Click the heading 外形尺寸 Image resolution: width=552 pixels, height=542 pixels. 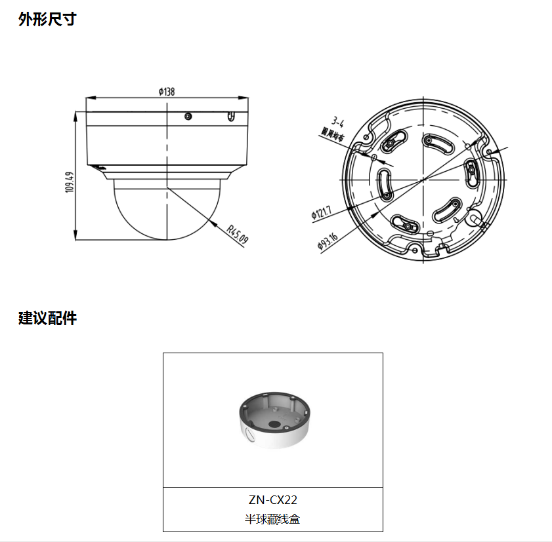click(47, 20)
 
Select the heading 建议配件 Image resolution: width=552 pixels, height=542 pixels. click(47, 319)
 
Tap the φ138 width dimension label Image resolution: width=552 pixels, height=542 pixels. click(166, 92)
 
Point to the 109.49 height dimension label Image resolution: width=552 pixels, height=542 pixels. click(69, 182)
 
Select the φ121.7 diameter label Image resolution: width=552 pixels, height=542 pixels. click(322, 212)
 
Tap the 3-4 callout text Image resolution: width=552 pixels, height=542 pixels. click(338, 122)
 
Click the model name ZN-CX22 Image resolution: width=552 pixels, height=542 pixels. click(272, 499)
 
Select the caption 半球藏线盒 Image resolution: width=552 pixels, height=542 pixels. click(272, 519)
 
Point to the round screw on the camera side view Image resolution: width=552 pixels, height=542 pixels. click(188, 117)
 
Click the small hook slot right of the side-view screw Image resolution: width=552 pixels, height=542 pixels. click(230, 117)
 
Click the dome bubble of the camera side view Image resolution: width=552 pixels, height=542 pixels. click(167, 210)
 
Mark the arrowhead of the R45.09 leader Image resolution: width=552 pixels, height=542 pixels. click(217, 224)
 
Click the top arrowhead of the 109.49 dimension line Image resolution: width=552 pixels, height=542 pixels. click(76, 115)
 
